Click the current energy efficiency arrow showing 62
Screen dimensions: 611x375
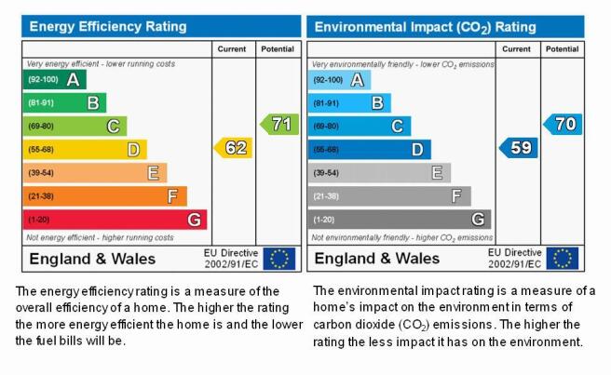233,148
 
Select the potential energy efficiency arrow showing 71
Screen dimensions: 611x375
279,124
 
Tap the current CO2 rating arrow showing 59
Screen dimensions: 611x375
518,148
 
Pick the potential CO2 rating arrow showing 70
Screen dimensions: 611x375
563,124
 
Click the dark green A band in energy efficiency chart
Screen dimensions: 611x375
55,79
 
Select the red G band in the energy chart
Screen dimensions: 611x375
115,220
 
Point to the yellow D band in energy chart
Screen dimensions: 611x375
85,150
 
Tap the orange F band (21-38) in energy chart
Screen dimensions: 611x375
105,196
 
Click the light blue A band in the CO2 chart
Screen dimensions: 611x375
339,80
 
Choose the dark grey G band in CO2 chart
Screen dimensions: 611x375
400,220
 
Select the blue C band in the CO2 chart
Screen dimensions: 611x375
360,127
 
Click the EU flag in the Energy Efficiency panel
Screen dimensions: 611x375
279,259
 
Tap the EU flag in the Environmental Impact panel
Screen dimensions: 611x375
563,258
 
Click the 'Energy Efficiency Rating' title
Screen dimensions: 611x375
108,26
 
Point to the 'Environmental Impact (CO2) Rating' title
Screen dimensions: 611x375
425,27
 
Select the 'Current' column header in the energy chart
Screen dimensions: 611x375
232,49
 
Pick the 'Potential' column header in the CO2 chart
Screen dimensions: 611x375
562,49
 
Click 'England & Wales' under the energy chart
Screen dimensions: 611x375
92,259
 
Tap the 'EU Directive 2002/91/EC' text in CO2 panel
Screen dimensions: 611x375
515,258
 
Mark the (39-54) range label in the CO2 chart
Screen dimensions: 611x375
326,173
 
